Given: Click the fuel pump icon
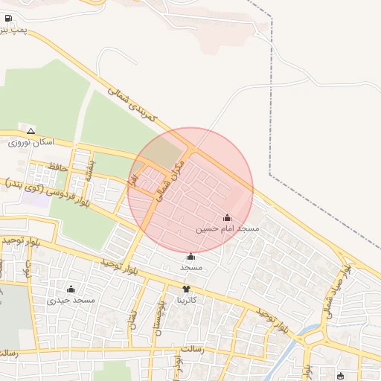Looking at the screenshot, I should [8, 18].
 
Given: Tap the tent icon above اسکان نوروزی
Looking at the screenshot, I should [31, 130].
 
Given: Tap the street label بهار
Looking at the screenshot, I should [133, 179].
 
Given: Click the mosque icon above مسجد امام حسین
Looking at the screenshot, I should [227, 218].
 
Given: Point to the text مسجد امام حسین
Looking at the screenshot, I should [227, 230].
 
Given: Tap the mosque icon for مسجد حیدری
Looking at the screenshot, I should [71, 289].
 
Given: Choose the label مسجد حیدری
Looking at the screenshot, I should [71, 301].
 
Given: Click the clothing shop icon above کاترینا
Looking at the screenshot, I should [185, 289].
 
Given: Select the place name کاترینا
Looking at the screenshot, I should [185, 301].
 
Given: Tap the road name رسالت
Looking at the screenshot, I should [191, 348].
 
